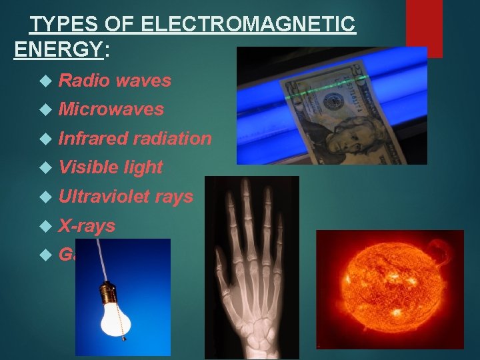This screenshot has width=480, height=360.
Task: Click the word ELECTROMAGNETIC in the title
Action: click(x=248, y=25)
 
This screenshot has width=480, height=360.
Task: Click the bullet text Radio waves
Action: click(x=115, y=81)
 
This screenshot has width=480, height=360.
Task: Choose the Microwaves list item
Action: click(x=111, y=109)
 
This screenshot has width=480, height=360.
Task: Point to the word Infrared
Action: click(x=93, y=138)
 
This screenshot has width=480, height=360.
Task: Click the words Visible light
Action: click(x=111, y=167)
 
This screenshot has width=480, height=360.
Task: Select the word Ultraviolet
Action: click(x=105, y=197)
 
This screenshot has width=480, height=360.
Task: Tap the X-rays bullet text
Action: click(x=87, y=226)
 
